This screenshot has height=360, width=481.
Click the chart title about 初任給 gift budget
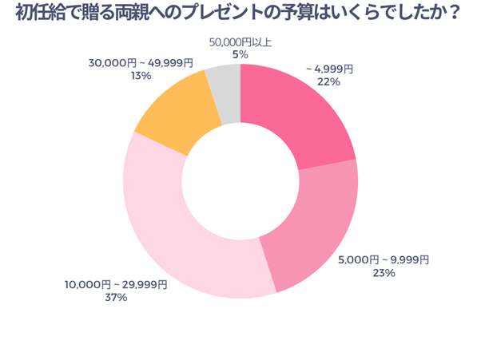tap(240, 16)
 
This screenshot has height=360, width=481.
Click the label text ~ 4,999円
tap(329, 69)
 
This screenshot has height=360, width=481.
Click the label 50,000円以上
tap(240, 42)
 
